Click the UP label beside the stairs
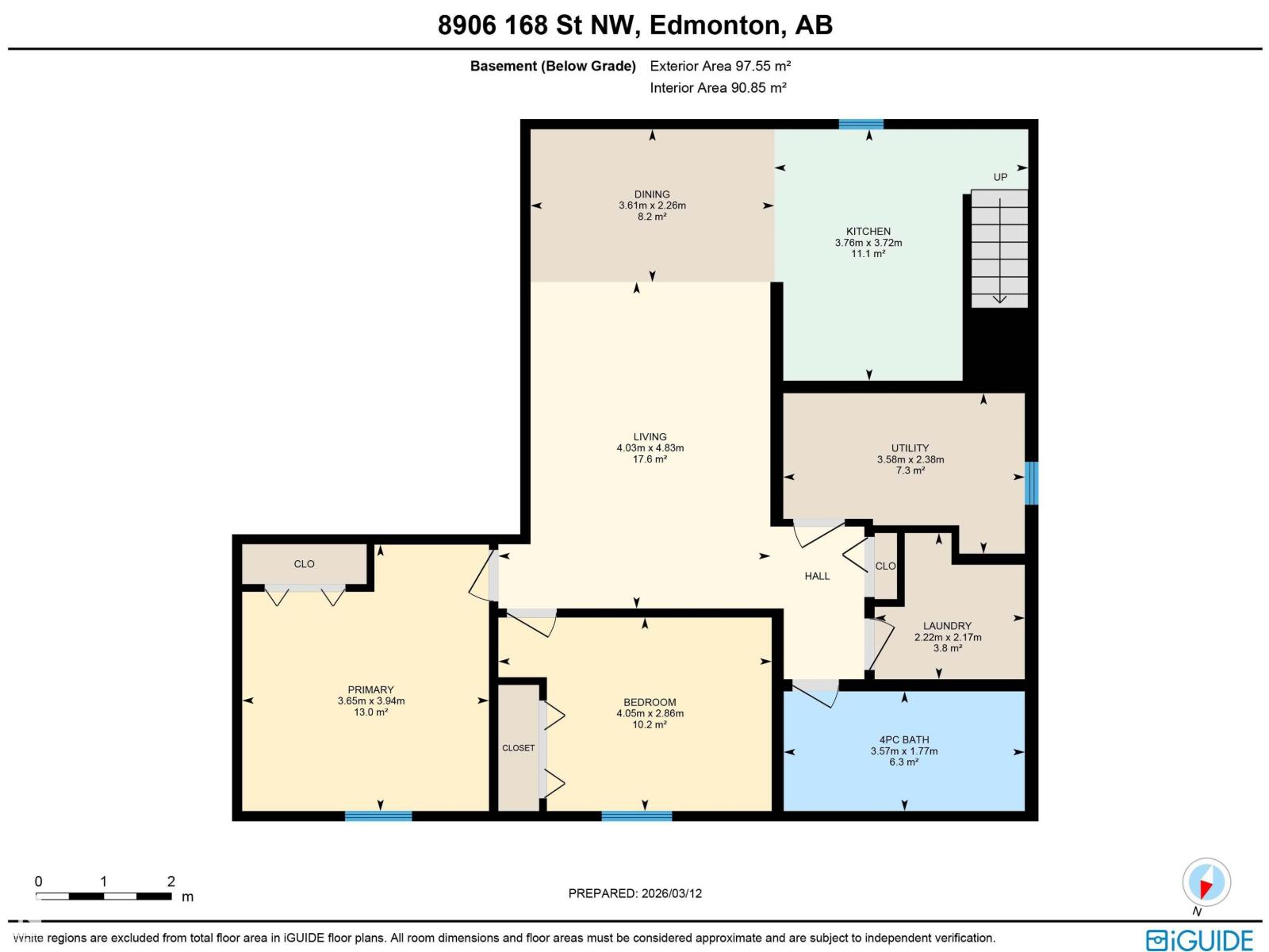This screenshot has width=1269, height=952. point(1000,177)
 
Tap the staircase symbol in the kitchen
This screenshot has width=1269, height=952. point(999,248)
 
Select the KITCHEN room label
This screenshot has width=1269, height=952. point(868,232)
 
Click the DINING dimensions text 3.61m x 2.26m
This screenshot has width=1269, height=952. point(652,205)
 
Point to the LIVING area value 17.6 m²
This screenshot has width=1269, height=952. point(650,459)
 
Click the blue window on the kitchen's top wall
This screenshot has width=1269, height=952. point(861,124)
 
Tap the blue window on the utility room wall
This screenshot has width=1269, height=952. point(1031,483)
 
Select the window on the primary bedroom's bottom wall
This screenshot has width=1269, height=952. point(378,816)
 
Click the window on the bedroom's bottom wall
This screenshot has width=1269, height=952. point(636,816)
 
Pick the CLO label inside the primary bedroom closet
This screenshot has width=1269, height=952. point(304,564)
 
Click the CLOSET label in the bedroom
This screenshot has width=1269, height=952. point(518,748)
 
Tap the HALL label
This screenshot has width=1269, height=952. point(817,576)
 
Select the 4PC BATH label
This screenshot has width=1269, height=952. point(904,739)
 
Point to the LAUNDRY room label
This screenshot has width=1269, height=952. point(947,626)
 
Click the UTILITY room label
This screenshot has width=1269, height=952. point(910,448)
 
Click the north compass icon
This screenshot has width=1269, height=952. point(1206,882)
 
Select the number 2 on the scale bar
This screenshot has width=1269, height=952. point(171,881)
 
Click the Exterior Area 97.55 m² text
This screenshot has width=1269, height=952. point(720,66)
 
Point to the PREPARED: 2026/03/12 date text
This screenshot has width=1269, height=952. point(634,893)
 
